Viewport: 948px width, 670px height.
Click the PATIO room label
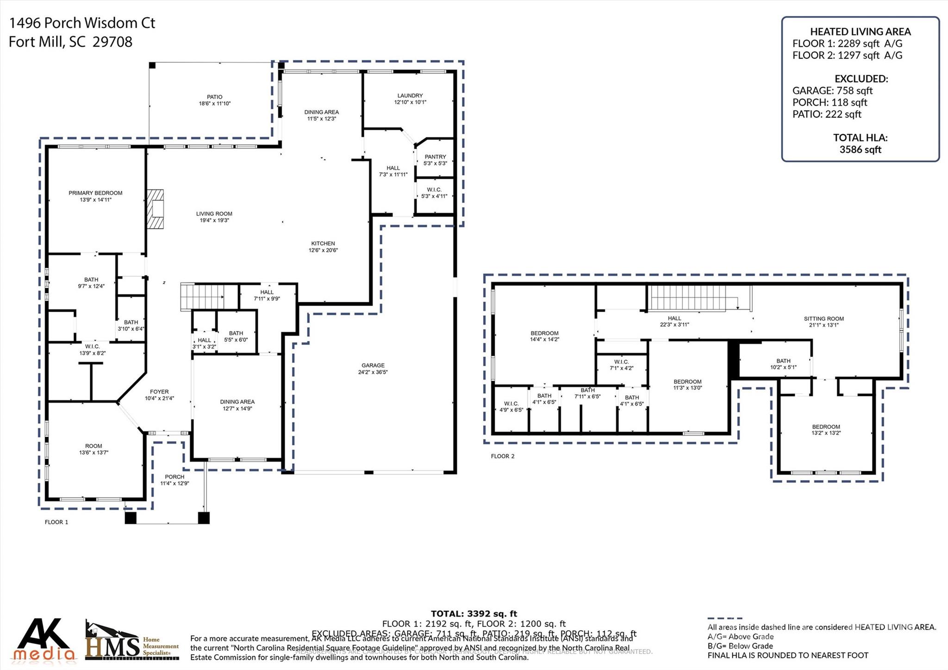(214, 97)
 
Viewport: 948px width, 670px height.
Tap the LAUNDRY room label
(410, 95)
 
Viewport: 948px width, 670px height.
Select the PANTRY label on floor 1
(435, 157)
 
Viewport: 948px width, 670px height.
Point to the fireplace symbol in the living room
(156, 209)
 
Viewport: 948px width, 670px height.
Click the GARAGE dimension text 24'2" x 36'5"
(373, 372)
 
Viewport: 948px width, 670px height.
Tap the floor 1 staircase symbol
(202, 297)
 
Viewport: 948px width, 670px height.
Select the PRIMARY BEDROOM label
(95, 193)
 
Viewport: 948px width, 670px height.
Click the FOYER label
(159, 392)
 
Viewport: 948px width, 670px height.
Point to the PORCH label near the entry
(175, 477)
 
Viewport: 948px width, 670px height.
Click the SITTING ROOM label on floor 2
(823, 319)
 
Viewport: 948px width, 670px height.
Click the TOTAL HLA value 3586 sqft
(860, 150)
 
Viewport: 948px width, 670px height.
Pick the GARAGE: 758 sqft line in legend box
(832, 91)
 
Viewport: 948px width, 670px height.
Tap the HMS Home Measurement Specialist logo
(132, 641)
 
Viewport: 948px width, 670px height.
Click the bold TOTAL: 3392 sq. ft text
(474, 614)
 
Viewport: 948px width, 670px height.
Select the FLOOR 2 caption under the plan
(502, 456)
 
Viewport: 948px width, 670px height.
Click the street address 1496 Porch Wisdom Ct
(82, 23)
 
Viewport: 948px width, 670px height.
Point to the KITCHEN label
(323, 244)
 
